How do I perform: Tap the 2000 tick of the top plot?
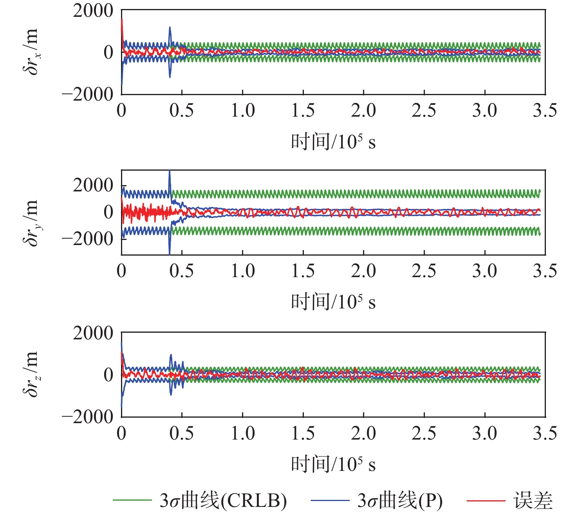pos(93,11)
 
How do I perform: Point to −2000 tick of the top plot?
pos(87,94)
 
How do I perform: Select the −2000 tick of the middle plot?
pos(87,238)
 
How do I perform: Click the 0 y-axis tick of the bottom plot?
pos(108,375)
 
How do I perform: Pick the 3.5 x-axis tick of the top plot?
pos(545,110)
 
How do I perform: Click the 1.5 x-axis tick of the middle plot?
pos(303,271)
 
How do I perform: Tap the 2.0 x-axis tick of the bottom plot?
pos(363,433)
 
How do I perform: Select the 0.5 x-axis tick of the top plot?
pos(182,110)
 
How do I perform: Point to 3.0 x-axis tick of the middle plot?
pos(484,271)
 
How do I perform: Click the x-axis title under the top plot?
pos(333,141)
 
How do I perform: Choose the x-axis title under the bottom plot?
pos(333,464)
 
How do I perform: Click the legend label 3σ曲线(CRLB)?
pos(223,501)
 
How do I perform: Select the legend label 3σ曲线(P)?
pos(400,501)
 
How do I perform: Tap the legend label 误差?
pos(533,501)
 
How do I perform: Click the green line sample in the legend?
pos(132,500)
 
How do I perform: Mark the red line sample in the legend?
pos(486,500)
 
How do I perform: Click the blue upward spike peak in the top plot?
pos(170,27)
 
